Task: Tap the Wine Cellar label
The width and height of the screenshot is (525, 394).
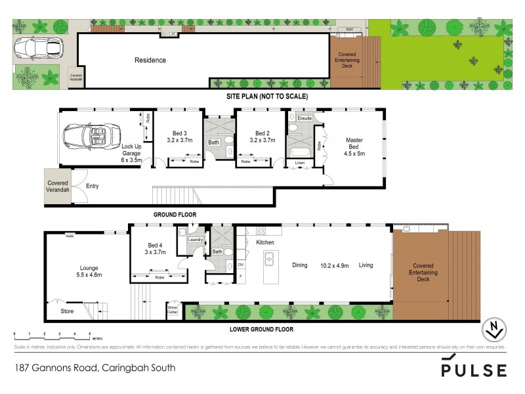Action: tap(173, 309)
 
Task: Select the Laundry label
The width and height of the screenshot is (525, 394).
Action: tap(195, 240)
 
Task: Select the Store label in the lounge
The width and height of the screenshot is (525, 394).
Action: tap(67, 311)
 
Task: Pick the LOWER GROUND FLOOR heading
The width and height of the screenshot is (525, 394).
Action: tap(262, 329)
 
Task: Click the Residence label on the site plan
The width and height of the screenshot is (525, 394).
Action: tap(150, 60)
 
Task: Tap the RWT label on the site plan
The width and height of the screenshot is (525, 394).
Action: tap(349, 30)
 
